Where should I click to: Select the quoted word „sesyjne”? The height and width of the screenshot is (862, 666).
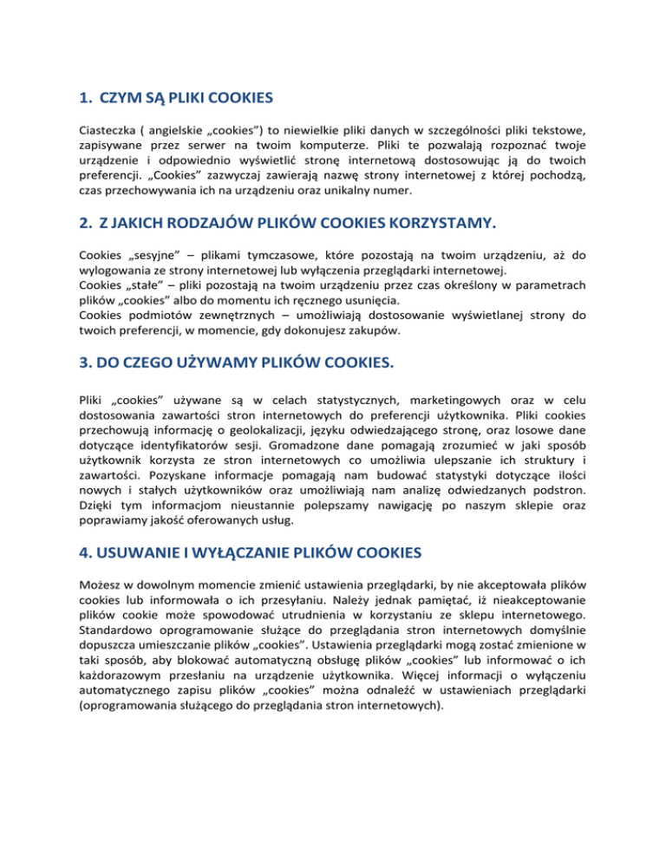pos(158,257)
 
